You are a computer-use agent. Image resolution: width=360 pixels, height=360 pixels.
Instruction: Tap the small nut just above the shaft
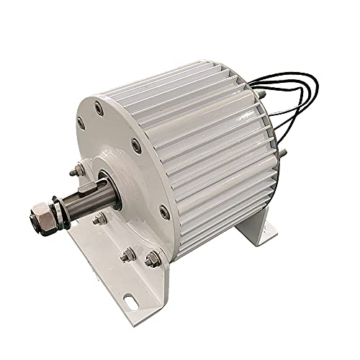(x=74, y=172)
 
